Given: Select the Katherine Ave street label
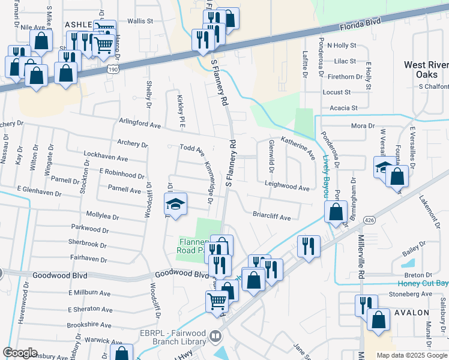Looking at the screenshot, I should [x=298, y=148].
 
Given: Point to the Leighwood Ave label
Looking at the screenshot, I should [x=287, y=187].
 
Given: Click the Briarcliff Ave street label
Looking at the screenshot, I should [x=271, y=215].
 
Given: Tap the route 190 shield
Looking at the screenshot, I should [x=113, y=70].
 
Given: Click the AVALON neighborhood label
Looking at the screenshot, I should [x=411, y=313].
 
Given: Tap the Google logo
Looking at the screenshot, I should [x=20, y=353].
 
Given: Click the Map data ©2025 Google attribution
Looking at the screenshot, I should [x=411, y=355].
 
